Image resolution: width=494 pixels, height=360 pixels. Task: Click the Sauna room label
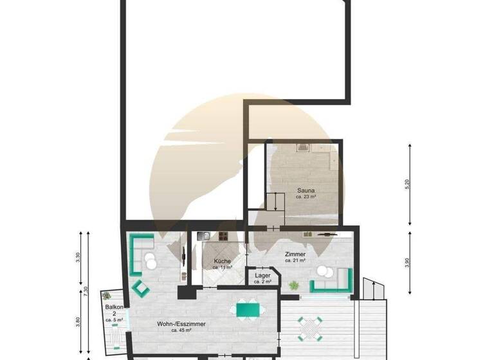coord(306,190)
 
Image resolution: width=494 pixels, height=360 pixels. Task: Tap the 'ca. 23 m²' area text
coord(306,197)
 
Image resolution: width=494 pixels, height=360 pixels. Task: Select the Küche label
coord(223,261)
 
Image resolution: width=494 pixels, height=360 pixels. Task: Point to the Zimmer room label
coord(295,255)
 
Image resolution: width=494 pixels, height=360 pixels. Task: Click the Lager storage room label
coord(262,275)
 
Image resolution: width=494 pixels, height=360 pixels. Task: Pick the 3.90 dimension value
coord(407,264)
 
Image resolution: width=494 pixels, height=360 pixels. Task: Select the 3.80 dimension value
coord(78,321)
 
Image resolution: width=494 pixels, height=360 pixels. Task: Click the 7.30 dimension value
coord(86,291)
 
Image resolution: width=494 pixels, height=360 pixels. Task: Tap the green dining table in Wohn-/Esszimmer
coord(248,310)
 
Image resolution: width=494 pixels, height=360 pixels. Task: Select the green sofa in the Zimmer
coord(331,281)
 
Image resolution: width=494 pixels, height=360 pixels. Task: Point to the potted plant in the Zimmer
coord(293,285)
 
